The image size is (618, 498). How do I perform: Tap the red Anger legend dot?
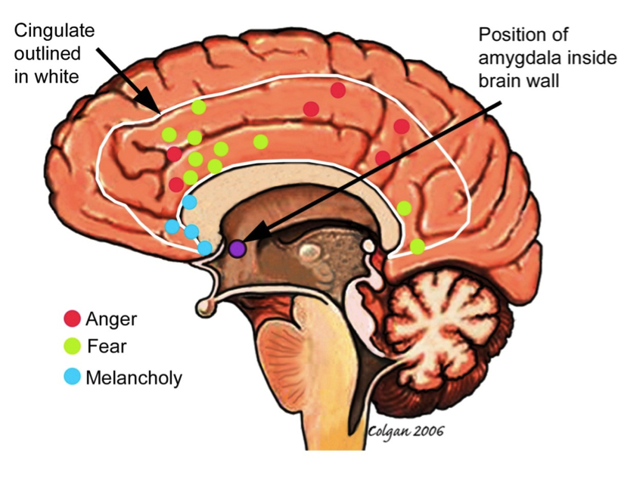(x=73, y=319)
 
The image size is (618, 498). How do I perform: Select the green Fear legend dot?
(x=73, y=347)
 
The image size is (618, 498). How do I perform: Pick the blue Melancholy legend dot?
(x=73, y=376)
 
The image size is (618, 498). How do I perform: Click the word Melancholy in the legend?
(x=134, y=377)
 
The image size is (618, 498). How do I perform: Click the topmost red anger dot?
(x=337, y=90)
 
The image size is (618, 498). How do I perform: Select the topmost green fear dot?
(x=198, y=107)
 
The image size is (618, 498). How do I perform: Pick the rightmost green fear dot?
(x=417, y=246)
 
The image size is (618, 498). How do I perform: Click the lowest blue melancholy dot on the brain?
(x=204, y=247)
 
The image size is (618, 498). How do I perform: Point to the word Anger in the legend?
(x=111, y=319)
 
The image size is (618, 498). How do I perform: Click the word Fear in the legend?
(x=107, y=347)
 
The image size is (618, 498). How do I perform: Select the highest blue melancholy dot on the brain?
(x=189, y=202)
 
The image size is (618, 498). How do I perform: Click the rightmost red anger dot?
(x=401, y=126)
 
